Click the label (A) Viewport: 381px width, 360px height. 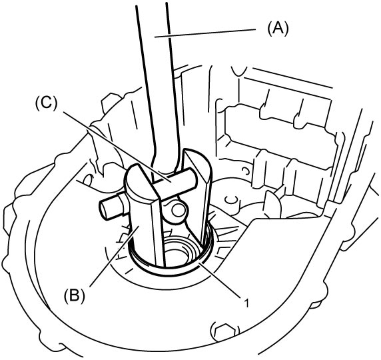(x=278, y=29)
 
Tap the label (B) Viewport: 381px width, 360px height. (x=75, y=296)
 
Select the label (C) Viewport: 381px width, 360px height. (x=47, y=105)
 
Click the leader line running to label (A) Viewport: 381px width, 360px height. (x=205, y=33)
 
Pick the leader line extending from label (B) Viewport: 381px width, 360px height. (x=115, y=256)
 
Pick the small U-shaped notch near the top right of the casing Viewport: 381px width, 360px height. (x=239, y=71)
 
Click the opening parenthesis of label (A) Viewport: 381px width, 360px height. (x=269, y=29)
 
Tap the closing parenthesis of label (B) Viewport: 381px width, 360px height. (x=83, y=296)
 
